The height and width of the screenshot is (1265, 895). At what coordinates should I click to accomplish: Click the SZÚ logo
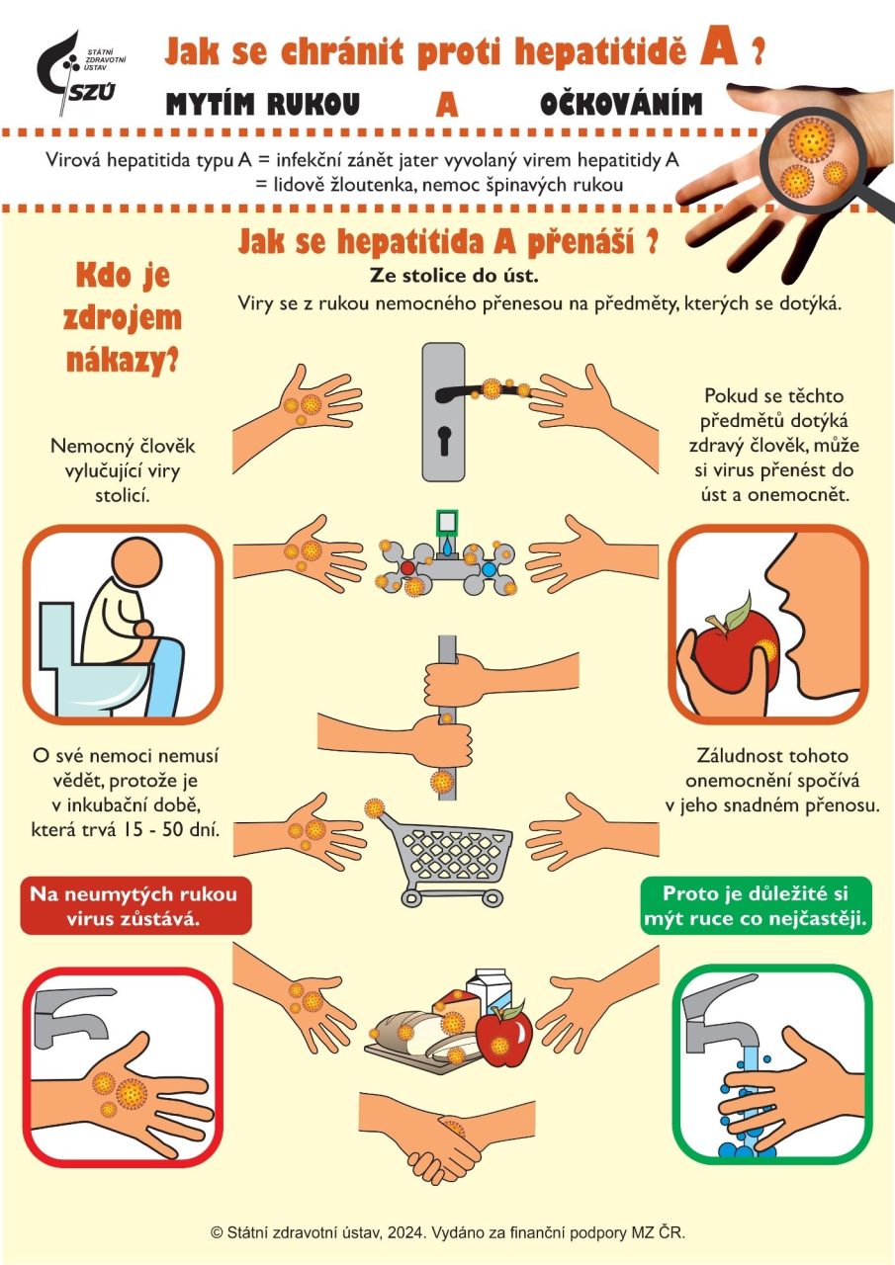[x=79, y=72]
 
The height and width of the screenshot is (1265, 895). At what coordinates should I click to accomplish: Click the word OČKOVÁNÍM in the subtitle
[x=621, y=104]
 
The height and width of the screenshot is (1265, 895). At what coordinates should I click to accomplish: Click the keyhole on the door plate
[x=445, y=440]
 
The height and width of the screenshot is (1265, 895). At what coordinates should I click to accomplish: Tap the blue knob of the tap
[x=490, y=566]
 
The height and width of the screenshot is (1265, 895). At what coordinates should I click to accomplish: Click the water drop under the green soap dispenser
[x=447, y=547]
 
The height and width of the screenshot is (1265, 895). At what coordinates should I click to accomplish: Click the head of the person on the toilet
[x=137, y=562]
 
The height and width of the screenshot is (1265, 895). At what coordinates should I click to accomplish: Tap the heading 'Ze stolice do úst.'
[x=454, y=276]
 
